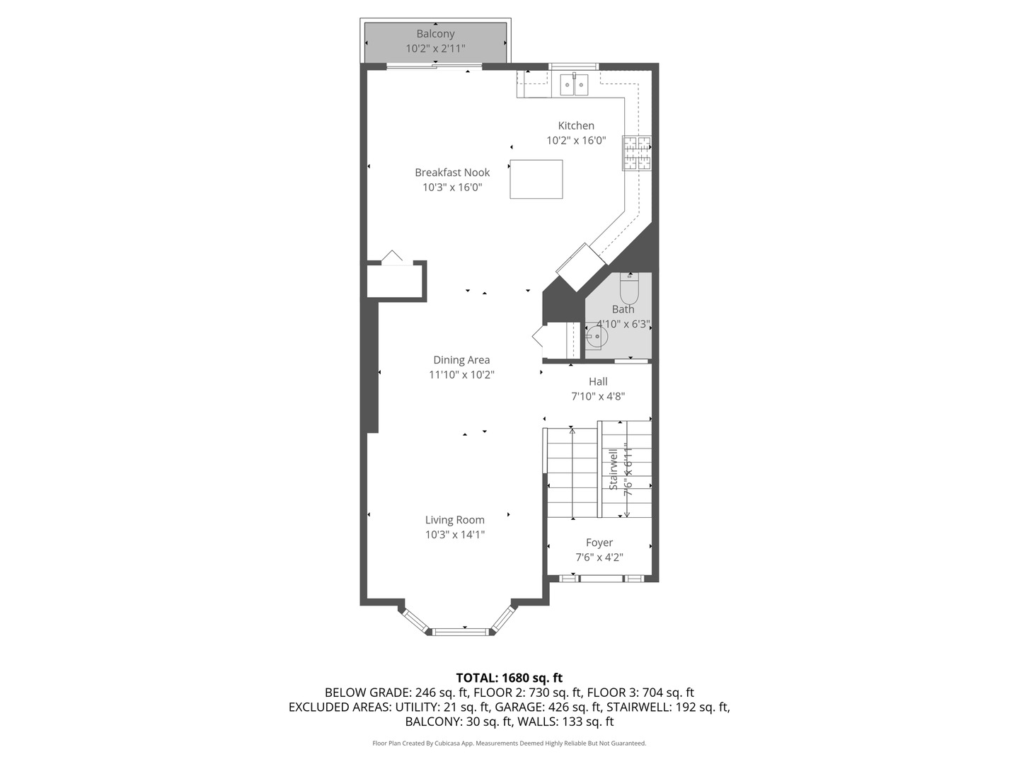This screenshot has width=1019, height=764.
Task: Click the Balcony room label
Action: coord(435,34)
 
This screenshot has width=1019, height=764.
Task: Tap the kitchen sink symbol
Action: coord(574,85)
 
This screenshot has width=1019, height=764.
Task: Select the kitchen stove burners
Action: coord(636,154)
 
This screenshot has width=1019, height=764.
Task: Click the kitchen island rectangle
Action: coord(536,179)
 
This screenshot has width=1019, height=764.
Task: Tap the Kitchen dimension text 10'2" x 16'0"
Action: coord(576,141)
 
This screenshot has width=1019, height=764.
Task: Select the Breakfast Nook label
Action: coord(452,173)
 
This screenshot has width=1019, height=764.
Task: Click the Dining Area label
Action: coord(461,360)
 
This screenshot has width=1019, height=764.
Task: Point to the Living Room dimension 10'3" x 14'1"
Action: coord(455,535)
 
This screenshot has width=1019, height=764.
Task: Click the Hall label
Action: coord(598,382)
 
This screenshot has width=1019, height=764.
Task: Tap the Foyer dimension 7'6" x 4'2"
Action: coord(599,557)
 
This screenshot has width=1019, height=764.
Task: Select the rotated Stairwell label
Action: coord(614,469)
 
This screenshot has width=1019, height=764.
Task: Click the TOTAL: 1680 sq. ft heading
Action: coord(509,678)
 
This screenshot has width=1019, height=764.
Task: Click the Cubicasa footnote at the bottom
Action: coord(509,743)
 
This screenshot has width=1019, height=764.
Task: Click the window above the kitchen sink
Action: coord(574,66)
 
